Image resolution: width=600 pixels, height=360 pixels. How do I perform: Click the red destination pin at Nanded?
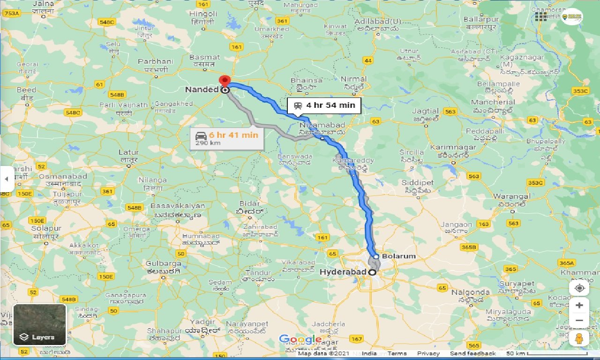click(x=225, y=81)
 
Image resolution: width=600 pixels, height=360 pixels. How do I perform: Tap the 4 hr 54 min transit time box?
click(x=324, y=105)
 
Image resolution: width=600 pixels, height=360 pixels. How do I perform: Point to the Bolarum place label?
click(x=398, y=256)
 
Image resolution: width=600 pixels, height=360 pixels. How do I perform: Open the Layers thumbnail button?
click(x=40, y=324)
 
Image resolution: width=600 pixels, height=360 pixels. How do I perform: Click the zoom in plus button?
click(x=579, y=305)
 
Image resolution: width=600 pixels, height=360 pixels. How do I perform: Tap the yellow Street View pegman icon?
click(x=579, y=339)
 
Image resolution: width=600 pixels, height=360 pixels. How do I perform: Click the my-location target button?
click(x=579, y=287)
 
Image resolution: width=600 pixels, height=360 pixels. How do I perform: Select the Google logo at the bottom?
click(x=300, y=339)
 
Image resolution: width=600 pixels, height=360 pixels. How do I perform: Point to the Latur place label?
click(x=128, y=152)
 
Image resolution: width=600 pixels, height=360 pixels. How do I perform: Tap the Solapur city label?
click(x=45, y=228)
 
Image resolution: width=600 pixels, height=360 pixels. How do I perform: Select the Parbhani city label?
click(x=156, y=61)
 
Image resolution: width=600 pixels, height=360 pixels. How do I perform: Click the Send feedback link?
click(x=472, y=353)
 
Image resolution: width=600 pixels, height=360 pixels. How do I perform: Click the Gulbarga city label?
click(x=163, y=263)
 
